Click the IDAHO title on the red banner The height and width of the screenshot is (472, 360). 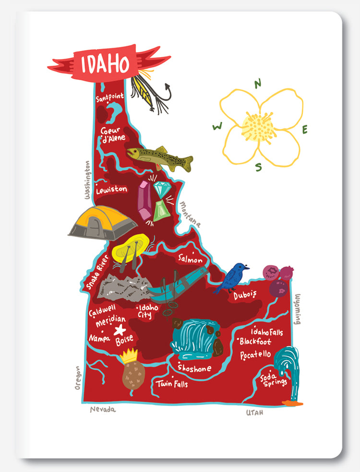coord(105,64)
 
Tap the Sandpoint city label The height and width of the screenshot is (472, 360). coord(110,98)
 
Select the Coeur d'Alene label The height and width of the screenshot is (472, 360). coord(113,134)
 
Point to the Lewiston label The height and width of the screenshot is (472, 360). coord(112,190)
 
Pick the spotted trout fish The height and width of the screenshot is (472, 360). coord(159,158)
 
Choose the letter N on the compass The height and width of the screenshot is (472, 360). coord(258,83)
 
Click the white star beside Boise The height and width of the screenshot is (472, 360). coord(120,330)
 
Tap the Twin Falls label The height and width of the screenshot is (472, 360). coord(171,384)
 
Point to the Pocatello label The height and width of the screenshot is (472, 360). coord(255,355)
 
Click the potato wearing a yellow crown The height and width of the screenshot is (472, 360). coord(133,371)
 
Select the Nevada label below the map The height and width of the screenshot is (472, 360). coord(103,410)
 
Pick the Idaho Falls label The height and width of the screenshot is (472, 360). coord(267,331)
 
